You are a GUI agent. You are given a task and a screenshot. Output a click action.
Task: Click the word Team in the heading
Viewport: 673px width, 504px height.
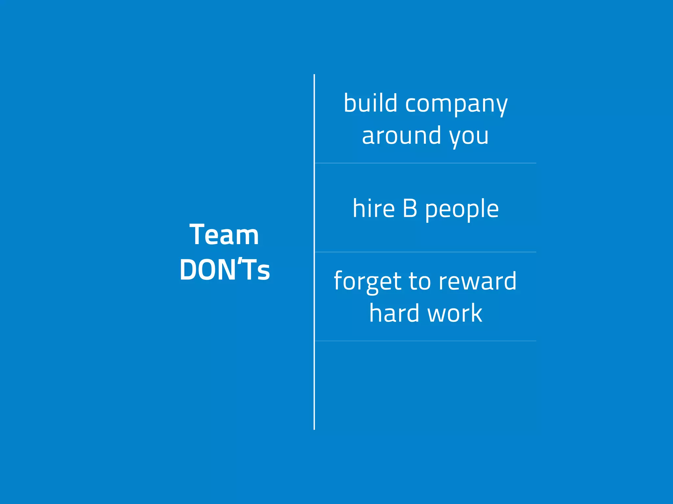click(224, 235)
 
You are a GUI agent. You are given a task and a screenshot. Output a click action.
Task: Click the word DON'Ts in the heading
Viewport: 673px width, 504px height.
click(224, 270)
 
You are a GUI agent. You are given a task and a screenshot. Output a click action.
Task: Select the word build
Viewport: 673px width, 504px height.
click(370, 103)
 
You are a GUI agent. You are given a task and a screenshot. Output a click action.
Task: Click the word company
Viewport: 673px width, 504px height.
click(456, 104)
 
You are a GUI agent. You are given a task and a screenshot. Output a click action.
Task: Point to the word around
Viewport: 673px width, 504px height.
click(401, 135)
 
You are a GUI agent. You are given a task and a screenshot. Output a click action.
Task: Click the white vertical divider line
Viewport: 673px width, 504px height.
click(314, 377)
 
